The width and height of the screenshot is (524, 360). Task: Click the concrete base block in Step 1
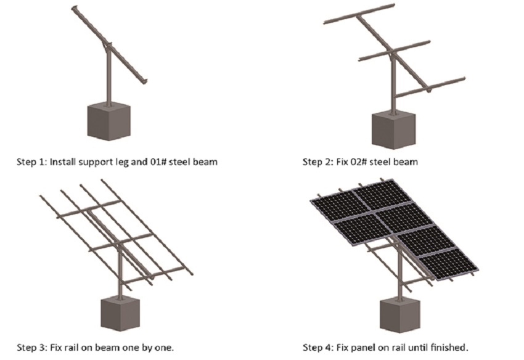(108, 121)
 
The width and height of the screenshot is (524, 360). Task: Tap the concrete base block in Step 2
(393, 131)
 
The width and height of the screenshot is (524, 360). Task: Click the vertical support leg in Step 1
(108, 77)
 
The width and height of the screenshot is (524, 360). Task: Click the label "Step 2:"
(317, 162)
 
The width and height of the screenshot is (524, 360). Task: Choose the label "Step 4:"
(317, 348)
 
